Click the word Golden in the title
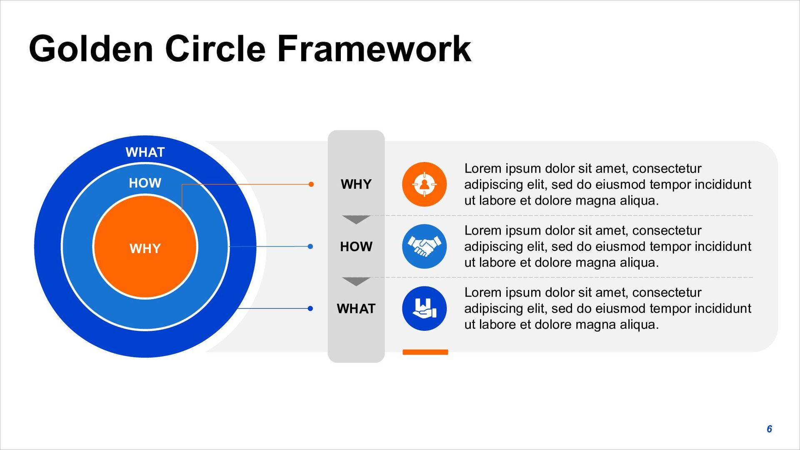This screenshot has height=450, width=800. point(91,49)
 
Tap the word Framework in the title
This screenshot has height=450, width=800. point(374,49)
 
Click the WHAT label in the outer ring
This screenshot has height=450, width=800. point(145,152)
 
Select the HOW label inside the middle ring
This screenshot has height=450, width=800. point(145,183)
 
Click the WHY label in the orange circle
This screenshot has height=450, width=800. point(145,249)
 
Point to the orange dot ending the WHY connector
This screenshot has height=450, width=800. point(311,184)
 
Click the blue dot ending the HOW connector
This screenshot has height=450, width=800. point(310,246)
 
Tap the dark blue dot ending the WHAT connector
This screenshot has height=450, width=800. point(310,308)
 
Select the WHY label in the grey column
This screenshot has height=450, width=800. point(356,184)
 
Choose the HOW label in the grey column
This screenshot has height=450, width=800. point(356,247)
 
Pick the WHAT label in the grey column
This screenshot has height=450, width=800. point(356,309)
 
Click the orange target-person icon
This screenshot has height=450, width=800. point(424,184)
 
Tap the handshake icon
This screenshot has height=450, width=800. point(424,246)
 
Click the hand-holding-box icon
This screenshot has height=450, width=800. point(424,308)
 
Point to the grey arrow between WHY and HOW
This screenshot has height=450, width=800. point(356,219)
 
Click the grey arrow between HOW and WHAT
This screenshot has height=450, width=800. point(356,281)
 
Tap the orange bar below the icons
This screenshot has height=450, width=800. point(425,352)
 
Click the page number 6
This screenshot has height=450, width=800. point(769,429)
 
